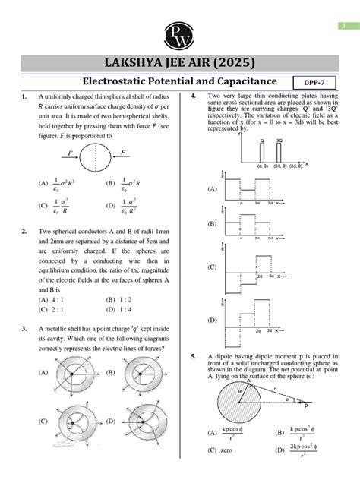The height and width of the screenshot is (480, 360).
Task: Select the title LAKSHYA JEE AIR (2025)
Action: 179,61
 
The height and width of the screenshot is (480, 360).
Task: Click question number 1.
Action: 25,96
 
